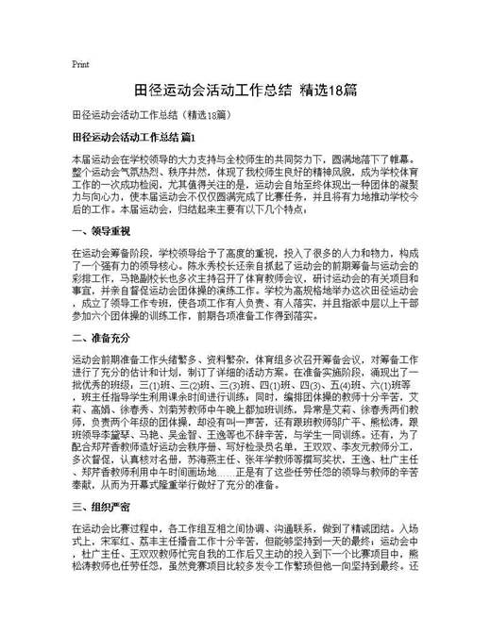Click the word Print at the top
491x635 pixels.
pos(80,64)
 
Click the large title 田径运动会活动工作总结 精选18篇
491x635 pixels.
pos(245,91)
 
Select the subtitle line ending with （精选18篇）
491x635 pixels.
pos(150,117)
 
